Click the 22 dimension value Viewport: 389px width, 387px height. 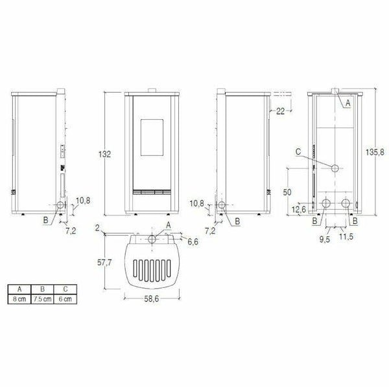(x=280, y=112)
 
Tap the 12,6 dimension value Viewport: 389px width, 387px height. (x=298, y=209)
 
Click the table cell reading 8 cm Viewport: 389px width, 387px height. (x=21, y=299)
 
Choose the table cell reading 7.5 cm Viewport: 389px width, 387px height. (x=41, y=299)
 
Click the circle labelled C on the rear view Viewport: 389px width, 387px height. (x=336, y=168)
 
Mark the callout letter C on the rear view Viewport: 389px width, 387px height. (x=297, y=153)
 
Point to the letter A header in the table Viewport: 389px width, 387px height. (x=21, y=289)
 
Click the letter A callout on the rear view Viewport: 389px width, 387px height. (x=347, y=102)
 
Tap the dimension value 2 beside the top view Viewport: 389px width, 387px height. (x=96, y=228)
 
